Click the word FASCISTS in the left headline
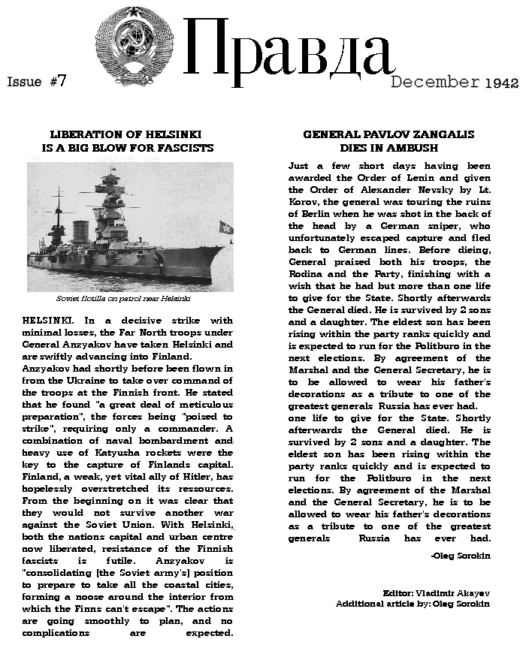click(x=183, y=148)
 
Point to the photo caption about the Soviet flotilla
click(x=128, y=298)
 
